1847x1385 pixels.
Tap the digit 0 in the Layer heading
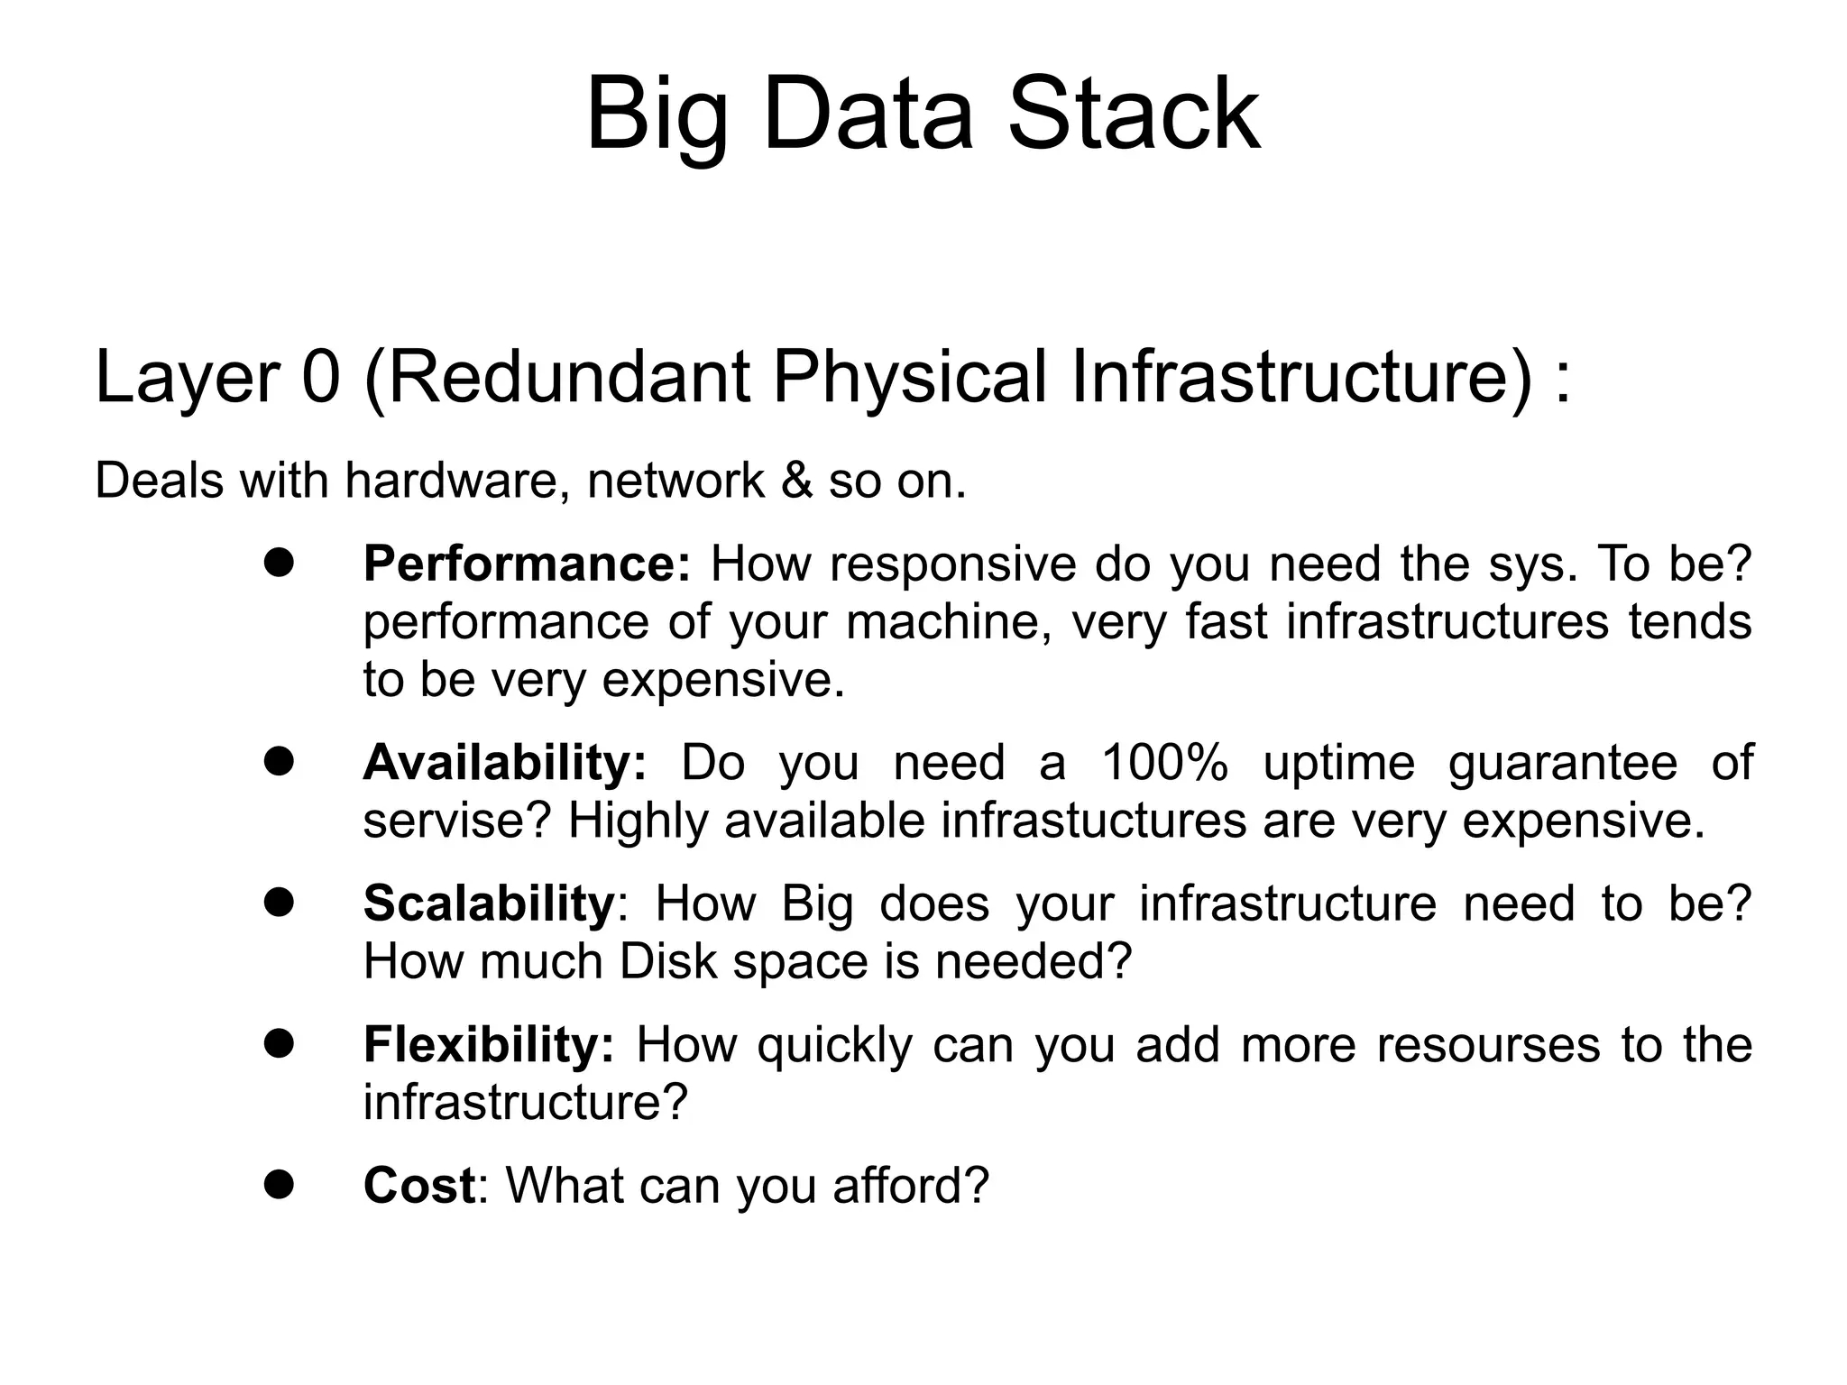(x=321, y=377)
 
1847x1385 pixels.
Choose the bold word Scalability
(x=489, y=903)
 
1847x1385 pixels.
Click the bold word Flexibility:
(x=489, y=1045)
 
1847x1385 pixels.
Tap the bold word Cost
(x=418, y=1186)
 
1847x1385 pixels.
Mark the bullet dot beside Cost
(x=280, y=1185)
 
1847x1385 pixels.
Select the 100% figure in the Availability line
(x=1164, y=763)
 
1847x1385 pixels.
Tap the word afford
(x=911, y=1186)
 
